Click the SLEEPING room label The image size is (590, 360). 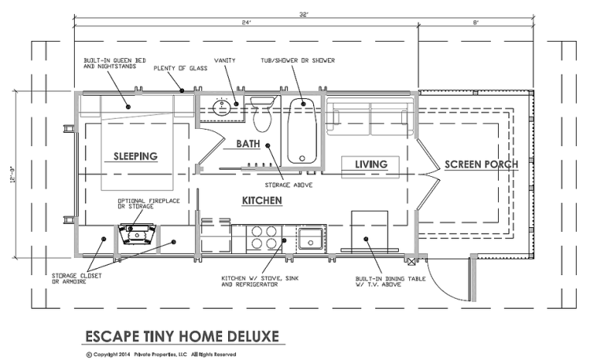135,156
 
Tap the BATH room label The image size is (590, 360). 248,145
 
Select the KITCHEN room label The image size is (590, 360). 262,201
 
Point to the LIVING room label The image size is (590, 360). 370,163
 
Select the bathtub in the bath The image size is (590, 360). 302,130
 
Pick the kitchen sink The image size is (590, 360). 311,238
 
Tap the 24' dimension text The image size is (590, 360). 247,23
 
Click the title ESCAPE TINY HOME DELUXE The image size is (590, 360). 181,336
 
